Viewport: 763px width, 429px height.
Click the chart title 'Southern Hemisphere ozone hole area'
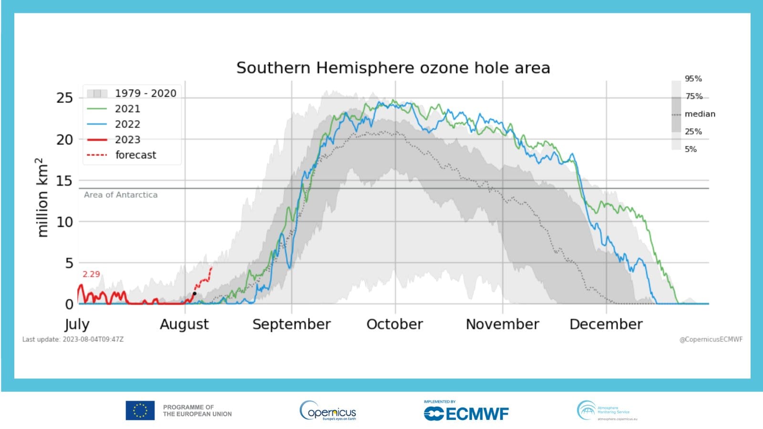[393, 68]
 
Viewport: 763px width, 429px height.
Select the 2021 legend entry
[127, 109]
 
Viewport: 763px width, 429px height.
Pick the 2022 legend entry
[127, 124]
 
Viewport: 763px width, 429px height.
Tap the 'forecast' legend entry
[135, 155]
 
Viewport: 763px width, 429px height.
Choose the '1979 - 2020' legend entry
[145, 93]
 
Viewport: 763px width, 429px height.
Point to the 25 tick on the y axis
[64, 98]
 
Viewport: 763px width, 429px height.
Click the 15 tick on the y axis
[64, 181]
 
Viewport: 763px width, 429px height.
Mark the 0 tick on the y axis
[69, 304]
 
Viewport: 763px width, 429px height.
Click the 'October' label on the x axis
[394, 324]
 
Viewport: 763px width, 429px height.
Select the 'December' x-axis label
[606, 324]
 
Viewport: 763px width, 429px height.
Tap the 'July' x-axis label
[77, 325]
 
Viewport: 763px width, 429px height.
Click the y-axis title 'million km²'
[42, 197]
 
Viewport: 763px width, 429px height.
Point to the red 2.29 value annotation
[91, 274]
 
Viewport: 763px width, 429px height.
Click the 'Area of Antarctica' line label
[121, 194]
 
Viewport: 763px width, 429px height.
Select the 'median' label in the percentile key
[700, 114]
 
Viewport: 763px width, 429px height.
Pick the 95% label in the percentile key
[693, 79]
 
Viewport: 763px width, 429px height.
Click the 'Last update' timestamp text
[73, 339]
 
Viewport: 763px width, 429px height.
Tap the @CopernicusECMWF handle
[711, 339]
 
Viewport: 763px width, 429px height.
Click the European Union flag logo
[140, 410]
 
